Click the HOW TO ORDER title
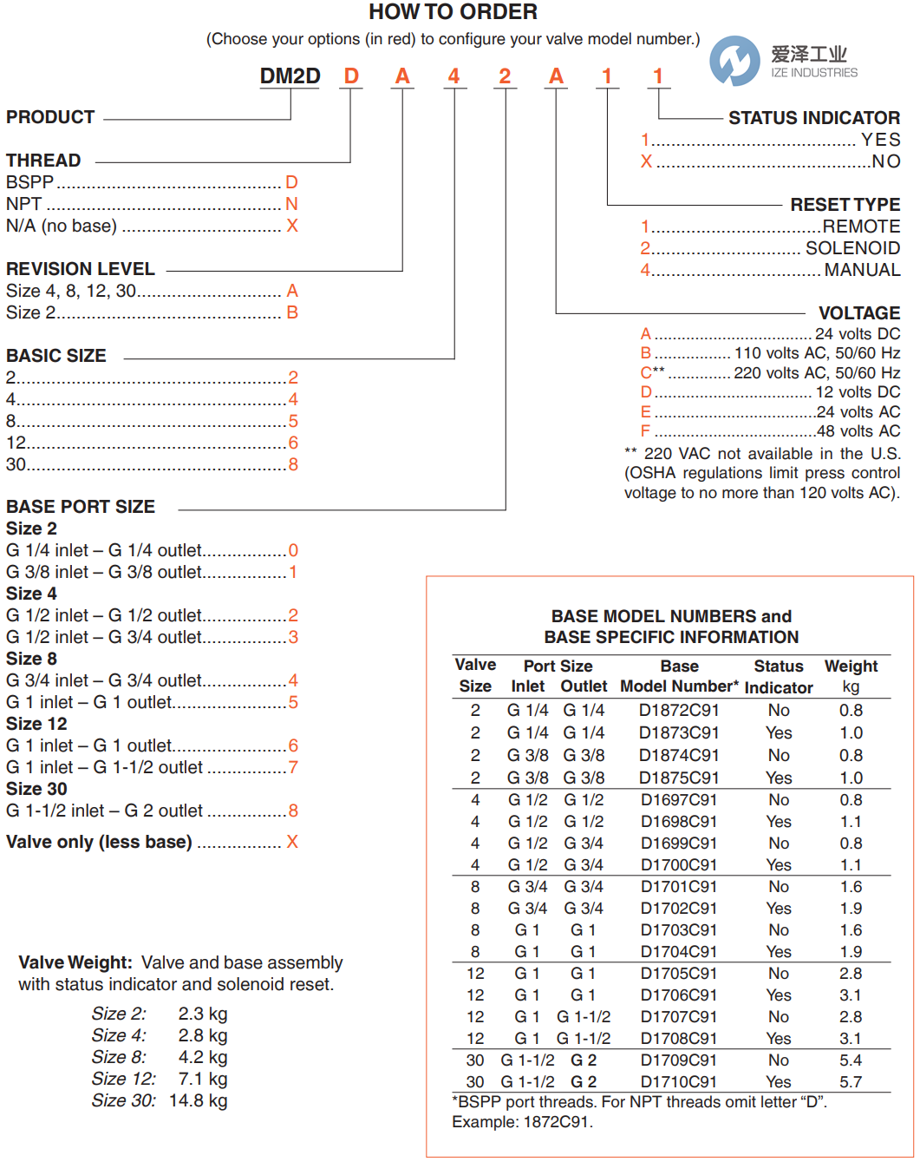(453, 12)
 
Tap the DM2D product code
(290, 76)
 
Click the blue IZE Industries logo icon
(734, 61)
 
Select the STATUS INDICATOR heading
(813, 118)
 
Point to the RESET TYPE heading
(845, 205)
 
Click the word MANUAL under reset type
(862, 270)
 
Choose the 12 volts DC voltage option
(857, 392)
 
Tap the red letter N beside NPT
(292, 204)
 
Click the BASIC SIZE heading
(56, 356)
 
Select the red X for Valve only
(292, 842)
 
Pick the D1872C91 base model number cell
(679, 710)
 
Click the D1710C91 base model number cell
(679, 1082)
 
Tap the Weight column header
(851, 666)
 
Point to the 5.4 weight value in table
(851, 1060)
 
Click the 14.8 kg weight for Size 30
(199, 1100)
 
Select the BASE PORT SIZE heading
(81, 507)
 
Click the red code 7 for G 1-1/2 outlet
(293, 767)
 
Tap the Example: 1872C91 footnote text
(522, 1122)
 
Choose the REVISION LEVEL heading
(81, 269)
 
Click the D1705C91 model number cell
(679, 974)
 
